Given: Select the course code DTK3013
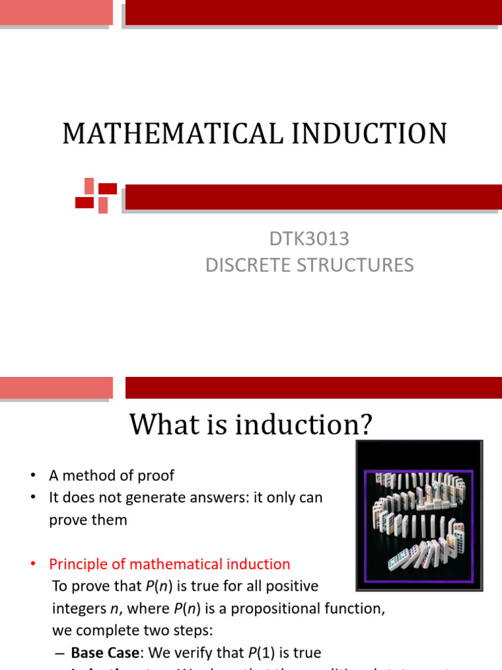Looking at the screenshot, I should click(x=309, y=239).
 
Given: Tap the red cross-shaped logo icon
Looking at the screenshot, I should click(x=96, y=195).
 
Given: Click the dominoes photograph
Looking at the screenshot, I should click(x=418, y=515).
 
